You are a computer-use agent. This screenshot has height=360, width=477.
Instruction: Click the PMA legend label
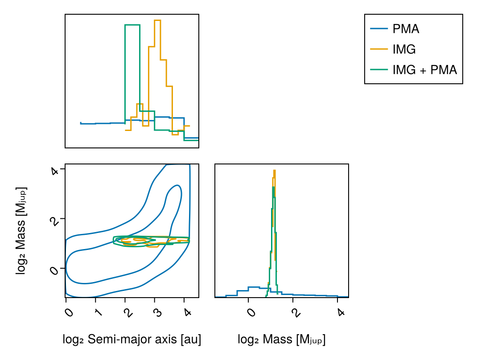tap(406, 29)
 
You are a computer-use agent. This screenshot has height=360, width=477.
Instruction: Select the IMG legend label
tap(404, 49)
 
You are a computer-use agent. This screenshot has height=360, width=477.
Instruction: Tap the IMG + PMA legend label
tap(424, 70)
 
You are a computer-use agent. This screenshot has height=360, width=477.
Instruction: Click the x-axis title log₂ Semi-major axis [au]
tap(132, 340)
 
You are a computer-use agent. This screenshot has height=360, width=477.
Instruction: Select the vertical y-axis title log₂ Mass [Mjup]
tap(21, 230)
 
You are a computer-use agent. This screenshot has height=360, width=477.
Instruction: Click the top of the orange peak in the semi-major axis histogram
tap(157, 20)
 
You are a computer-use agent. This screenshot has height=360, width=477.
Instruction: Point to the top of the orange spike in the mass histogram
tap(275, 170)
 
